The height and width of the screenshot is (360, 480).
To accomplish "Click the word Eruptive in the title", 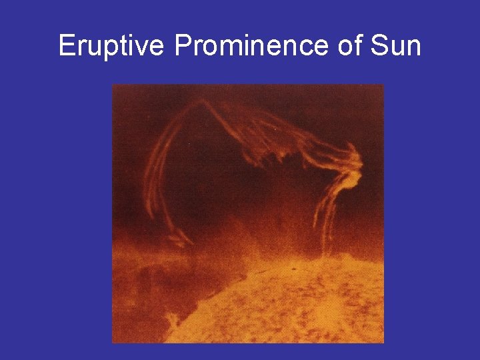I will pyautogui.click(x=111, y=47).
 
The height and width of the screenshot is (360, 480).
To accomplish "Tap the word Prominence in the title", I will pyautogui.click(x=250, y=47).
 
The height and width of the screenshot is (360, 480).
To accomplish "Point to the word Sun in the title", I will pyautogui.click(x=396, y=47).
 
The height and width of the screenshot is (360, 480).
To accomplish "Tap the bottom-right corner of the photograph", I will pyautogui.click(x=383, y=343).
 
